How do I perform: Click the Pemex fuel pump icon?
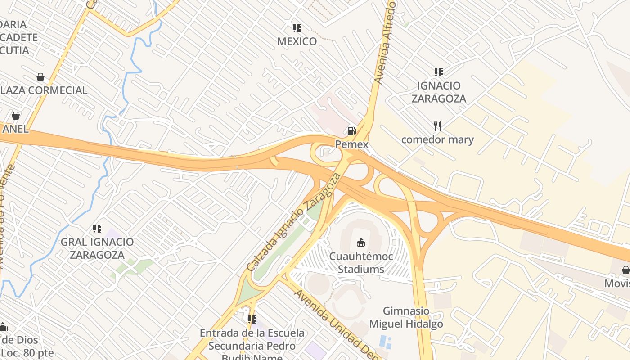pyautogui.click(x=351, y=131)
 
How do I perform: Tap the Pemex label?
pyautogui.click(x=351, y=144)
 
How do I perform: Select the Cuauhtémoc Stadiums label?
pyautogui.click(x=361, y=263)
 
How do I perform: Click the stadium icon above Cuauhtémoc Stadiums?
pyautogui.click(x=361, y=243)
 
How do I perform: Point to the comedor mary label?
pyautogui.click(x=437, y=139)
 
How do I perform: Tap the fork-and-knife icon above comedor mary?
pyautogui.click(x=437, y=126)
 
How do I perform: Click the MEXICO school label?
pyautogui.click(x=297, y=41)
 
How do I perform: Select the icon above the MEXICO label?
pyautogui.click(x=297, y=28)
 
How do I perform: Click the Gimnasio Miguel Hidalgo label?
pyautogui.click(x=406, y=317)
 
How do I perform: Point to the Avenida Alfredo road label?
pyautogui.click(x=385, y=43)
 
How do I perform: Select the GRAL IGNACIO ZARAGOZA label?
pyautogui.click(x=97, y=248)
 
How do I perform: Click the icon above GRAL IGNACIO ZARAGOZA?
pyautogui.click(x=97, y=229)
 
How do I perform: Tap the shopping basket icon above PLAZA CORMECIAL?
pyautogui.click(x=40, y=77)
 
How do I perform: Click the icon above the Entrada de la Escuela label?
pyautogui.click(x=252, y=319)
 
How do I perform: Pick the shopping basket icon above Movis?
pyautogui.click(x=625, y=270)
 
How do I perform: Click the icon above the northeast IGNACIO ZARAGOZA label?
pyautogui.click(x=439, y=72)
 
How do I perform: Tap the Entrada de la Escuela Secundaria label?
pyautogui.click(x=252, y=346)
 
